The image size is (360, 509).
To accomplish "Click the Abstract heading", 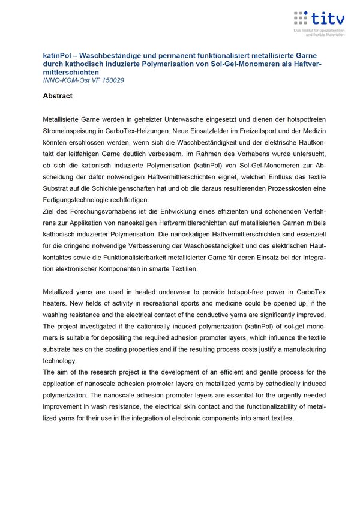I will [x=58, y=96].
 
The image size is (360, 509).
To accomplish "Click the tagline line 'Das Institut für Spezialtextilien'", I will [x=319, y=30].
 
